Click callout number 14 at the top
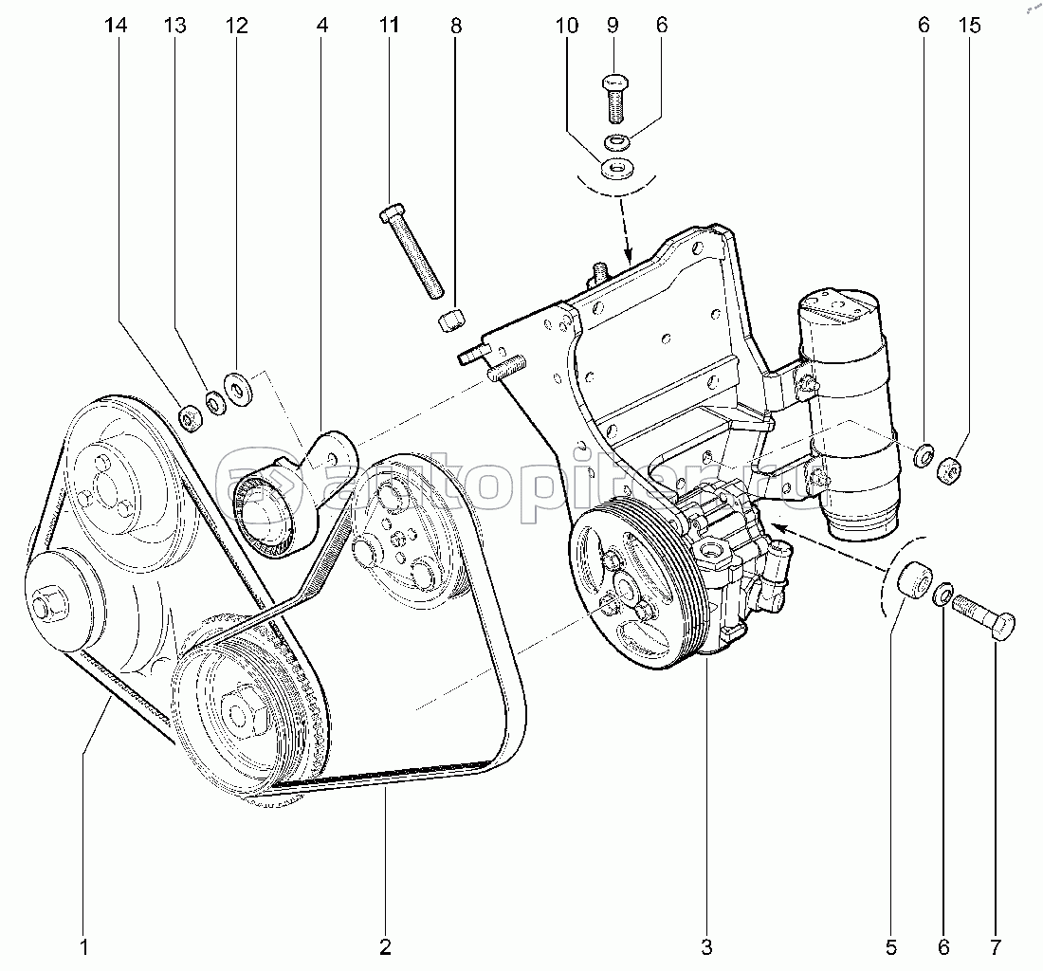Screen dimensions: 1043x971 tap(116, 26)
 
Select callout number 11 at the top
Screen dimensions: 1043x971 tap(389, 26)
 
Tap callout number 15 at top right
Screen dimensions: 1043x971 tap(970, 26)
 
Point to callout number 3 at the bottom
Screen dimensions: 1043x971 tap(706, 947)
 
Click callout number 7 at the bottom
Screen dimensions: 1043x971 tap(996, 947)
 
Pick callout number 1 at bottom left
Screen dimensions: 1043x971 tap(84, 947)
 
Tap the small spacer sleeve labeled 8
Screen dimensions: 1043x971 tap(451, 319)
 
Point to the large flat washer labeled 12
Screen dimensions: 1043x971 tap(238, 390)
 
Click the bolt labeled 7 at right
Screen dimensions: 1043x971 tap(982, 615)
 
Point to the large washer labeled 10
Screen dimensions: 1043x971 tap(616, 168)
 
